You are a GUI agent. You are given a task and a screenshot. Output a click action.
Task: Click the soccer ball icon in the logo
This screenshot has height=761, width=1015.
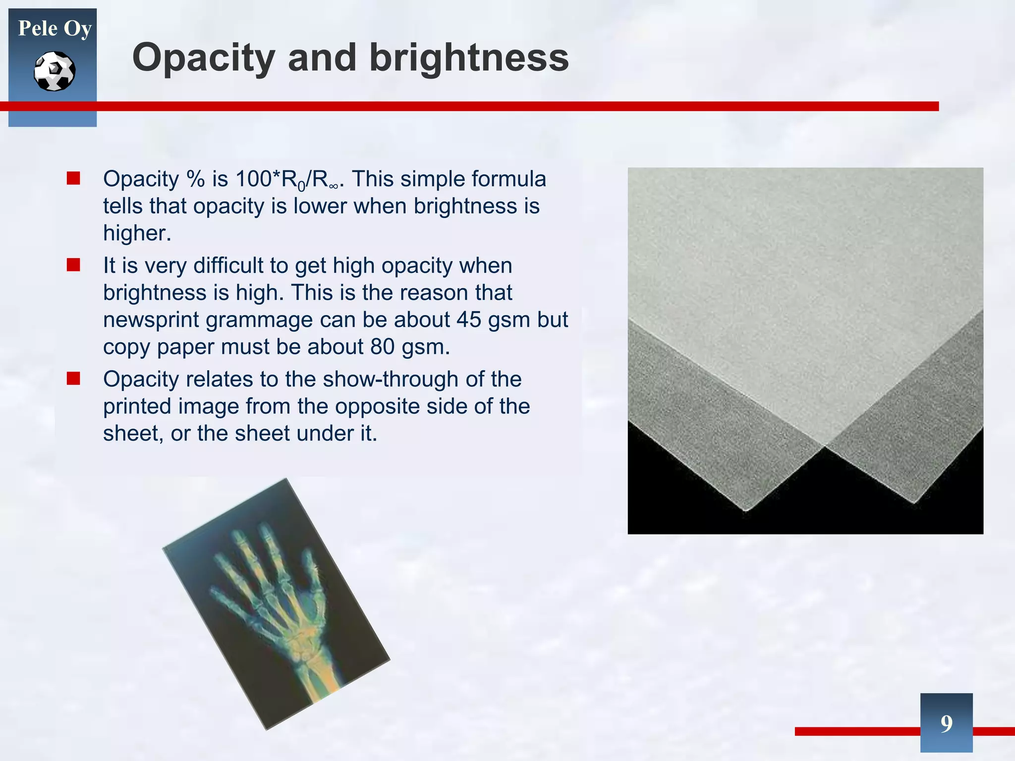[x=55, y=71]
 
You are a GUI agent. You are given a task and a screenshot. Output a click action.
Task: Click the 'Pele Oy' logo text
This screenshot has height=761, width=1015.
[x=55, y=29]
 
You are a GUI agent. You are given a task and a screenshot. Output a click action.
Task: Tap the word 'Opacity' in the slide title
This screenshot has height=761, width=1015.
[x=204, y=58]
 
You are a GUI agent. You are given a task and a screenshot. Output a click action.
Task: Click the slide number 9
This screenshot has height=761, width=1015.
[x=946, y=723]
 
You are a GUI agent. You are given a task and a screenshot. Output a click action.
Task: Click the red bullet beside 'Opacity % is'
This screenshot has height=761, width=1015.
[x=73, y=178]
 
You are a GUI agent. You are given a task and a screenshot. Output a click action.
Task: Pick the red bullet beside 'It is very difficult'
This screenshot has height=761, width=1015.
[x=73, y=265]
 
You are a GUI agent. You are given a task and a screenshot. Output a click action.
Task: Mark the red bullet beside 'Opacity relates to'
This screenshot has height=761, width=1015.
[x=73, y=379]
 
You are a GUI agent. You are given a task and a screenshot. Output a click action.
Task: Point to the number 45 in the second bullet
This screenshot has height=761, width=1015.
[x=469, y=320]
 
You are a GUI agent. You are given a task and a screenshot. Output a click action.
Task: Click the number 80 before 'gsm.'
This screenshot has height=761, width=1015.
[x=382, y=347]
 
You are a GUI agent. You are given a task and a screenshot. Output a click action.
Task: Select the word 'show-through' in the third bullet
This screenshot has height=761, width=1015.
[x=390, y=380]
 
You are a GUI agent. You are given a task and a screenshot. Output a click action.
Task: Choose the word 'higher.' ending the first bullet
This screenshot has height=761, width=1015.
[x=137, y=233]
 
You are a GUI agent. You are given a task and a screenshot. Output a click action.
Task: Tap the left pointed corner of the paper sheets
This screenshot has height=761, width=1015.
[x=746, y=509]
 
